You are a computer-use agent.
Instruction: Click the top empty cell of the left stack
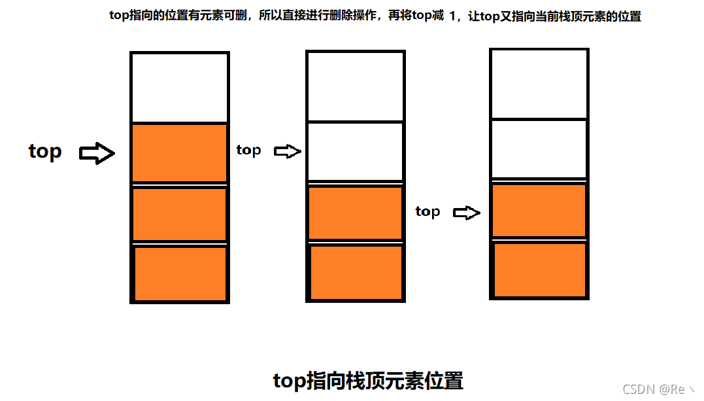180,88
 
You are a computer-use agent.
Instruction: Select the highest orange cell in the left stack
180,152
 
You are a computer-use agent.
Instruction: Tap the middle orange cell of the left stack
180,214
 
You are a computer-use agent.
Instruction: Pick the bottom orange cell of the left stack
180,273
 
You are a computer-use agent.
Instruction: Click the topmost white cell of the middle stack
356,86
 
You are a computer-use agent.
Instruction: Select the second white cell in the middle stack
356,151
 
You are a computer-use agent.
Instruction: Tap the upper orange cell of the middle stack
356,213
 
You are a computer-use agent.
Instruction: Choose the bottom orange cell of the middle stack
356,272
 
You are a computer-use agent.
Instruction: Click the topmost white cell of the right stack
539,84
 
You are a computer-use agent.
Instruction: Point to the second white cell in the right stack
539,148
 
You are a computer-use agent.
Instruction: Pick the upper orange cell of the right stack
539,210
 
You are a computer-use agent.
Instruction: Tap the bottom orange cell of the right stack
539,270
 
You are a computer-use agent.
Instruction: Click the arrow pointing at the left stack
97,154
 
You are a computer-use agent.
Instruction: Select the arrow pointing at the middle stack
287,152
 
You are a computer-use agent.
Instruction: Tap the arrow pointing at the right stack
467,213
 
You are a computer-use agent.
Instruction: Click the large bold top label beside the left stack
45,152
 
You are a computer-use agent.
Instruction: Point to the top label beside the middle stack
248,150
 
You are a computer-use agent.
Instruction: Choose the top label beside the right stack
427,211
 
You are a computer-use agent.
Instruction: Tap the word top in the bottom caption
289,381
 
